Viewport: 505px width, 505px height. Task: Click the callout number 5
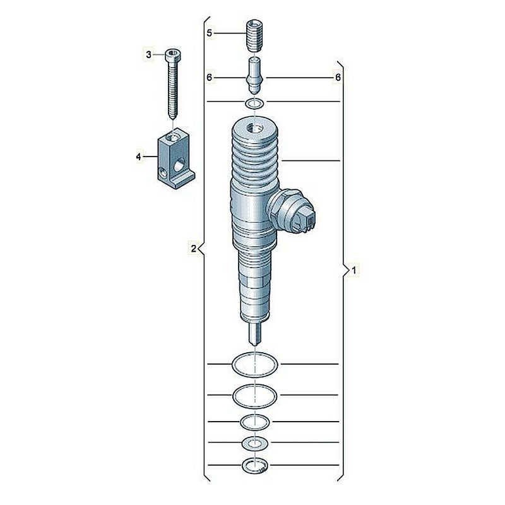pyautogui.click(x=210, y=33)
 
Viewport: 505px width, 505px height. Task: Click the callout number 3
pyautogui.click(x=148, y=55)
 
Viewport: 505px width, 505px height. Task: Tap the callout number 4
pyautogui.click(x=138, y=157)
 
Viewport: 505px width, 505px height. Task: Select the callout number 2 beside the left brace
pyautogui.click(x=193, y=249)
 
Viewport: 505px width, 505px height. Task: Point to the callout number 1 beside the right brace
pyautogui.click(x=354, y=271)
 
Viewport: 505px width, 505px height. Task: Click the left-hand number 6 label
pyautogui.click(x=210, y=78)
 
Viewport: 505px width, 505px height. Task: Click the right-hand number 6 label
pyautogui.click(x=338, y=77)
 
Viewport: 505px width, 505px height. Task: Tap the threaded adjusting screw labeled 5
pyautogui.click(x=254, y=36)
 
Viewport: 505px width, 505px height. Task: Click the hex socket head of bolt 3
pyautogui.click(x=172, y=55)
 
